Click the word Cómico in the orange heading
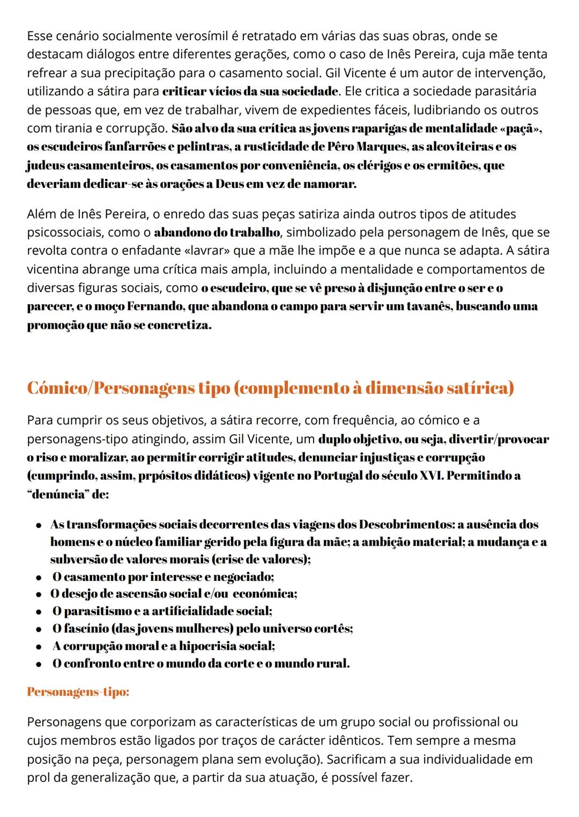58,388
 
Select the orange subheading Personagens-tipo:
78,692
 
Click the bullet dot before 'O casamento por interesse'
39,577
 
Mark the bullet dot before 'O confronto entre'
39,664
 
